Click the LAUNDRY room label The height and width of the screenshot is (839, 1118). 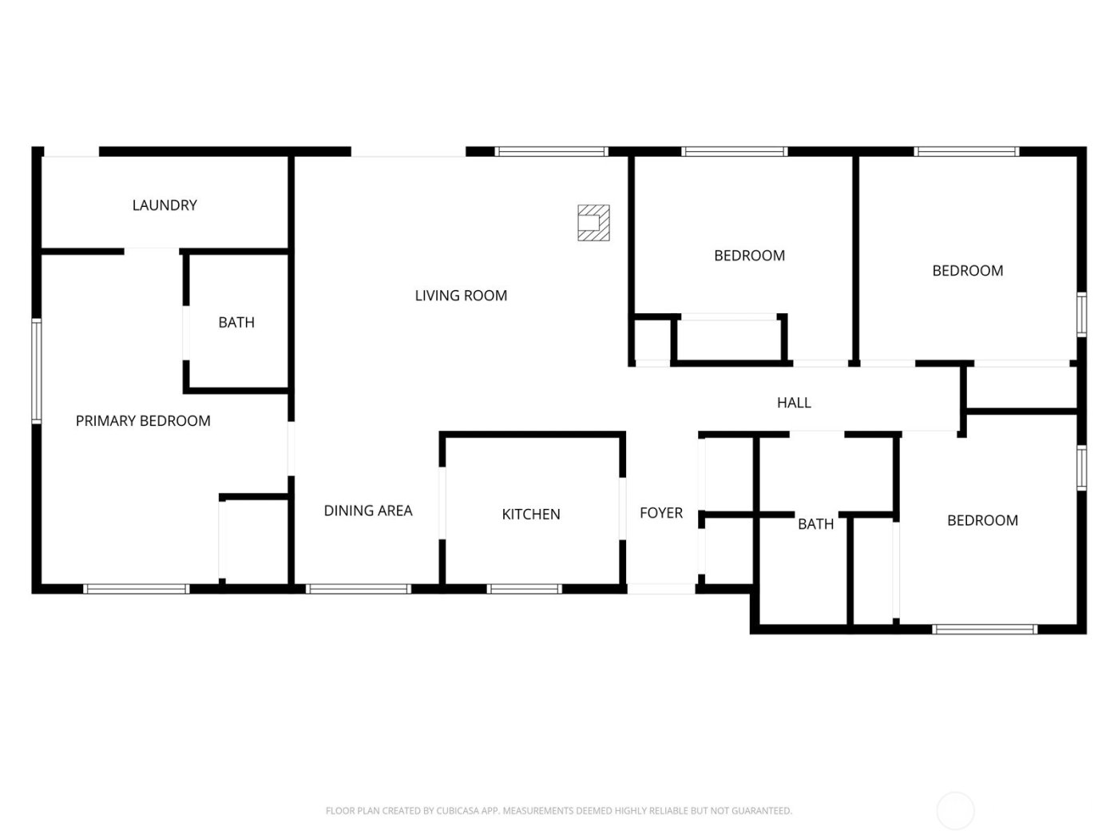[165, 205]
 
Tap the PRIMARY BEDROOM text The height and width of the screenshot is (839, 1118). [143, 421]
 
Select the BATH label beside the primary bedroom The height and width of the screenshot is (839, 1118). [236, 323]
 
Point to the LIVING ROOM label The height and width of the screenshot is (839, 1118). [461, 296]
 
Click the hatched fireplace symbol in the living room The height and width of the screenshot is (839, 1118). [593, 223]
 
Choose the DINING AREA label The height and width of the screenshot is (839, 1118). [368, 511]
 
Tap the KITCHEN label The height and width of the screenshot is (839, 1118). [531, 515]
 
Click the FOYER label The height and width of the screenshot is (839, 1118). [661, 513]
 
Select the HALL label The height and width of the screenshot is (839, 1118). [794, 403]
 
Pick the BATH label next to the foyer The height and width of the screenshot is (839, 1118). [815, 524]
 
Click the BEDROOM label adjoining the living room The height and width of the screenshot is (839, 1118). [749, 256]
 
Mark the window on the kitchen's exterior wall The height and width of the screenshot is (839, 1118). [525, 590]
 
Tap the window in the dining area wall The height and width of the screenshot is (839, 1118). [359, 590]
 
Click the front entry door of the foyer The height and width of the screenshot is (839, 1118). [660, 590]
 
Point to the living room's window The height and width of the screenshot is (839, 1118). [551, 151]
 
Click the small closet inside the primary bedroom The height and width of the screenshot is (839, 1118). [254, 541]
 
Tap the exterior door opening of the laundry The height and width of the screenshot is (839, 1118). [70, 152]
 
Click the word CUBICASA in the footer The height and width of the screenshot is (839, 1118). [458, 811]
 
